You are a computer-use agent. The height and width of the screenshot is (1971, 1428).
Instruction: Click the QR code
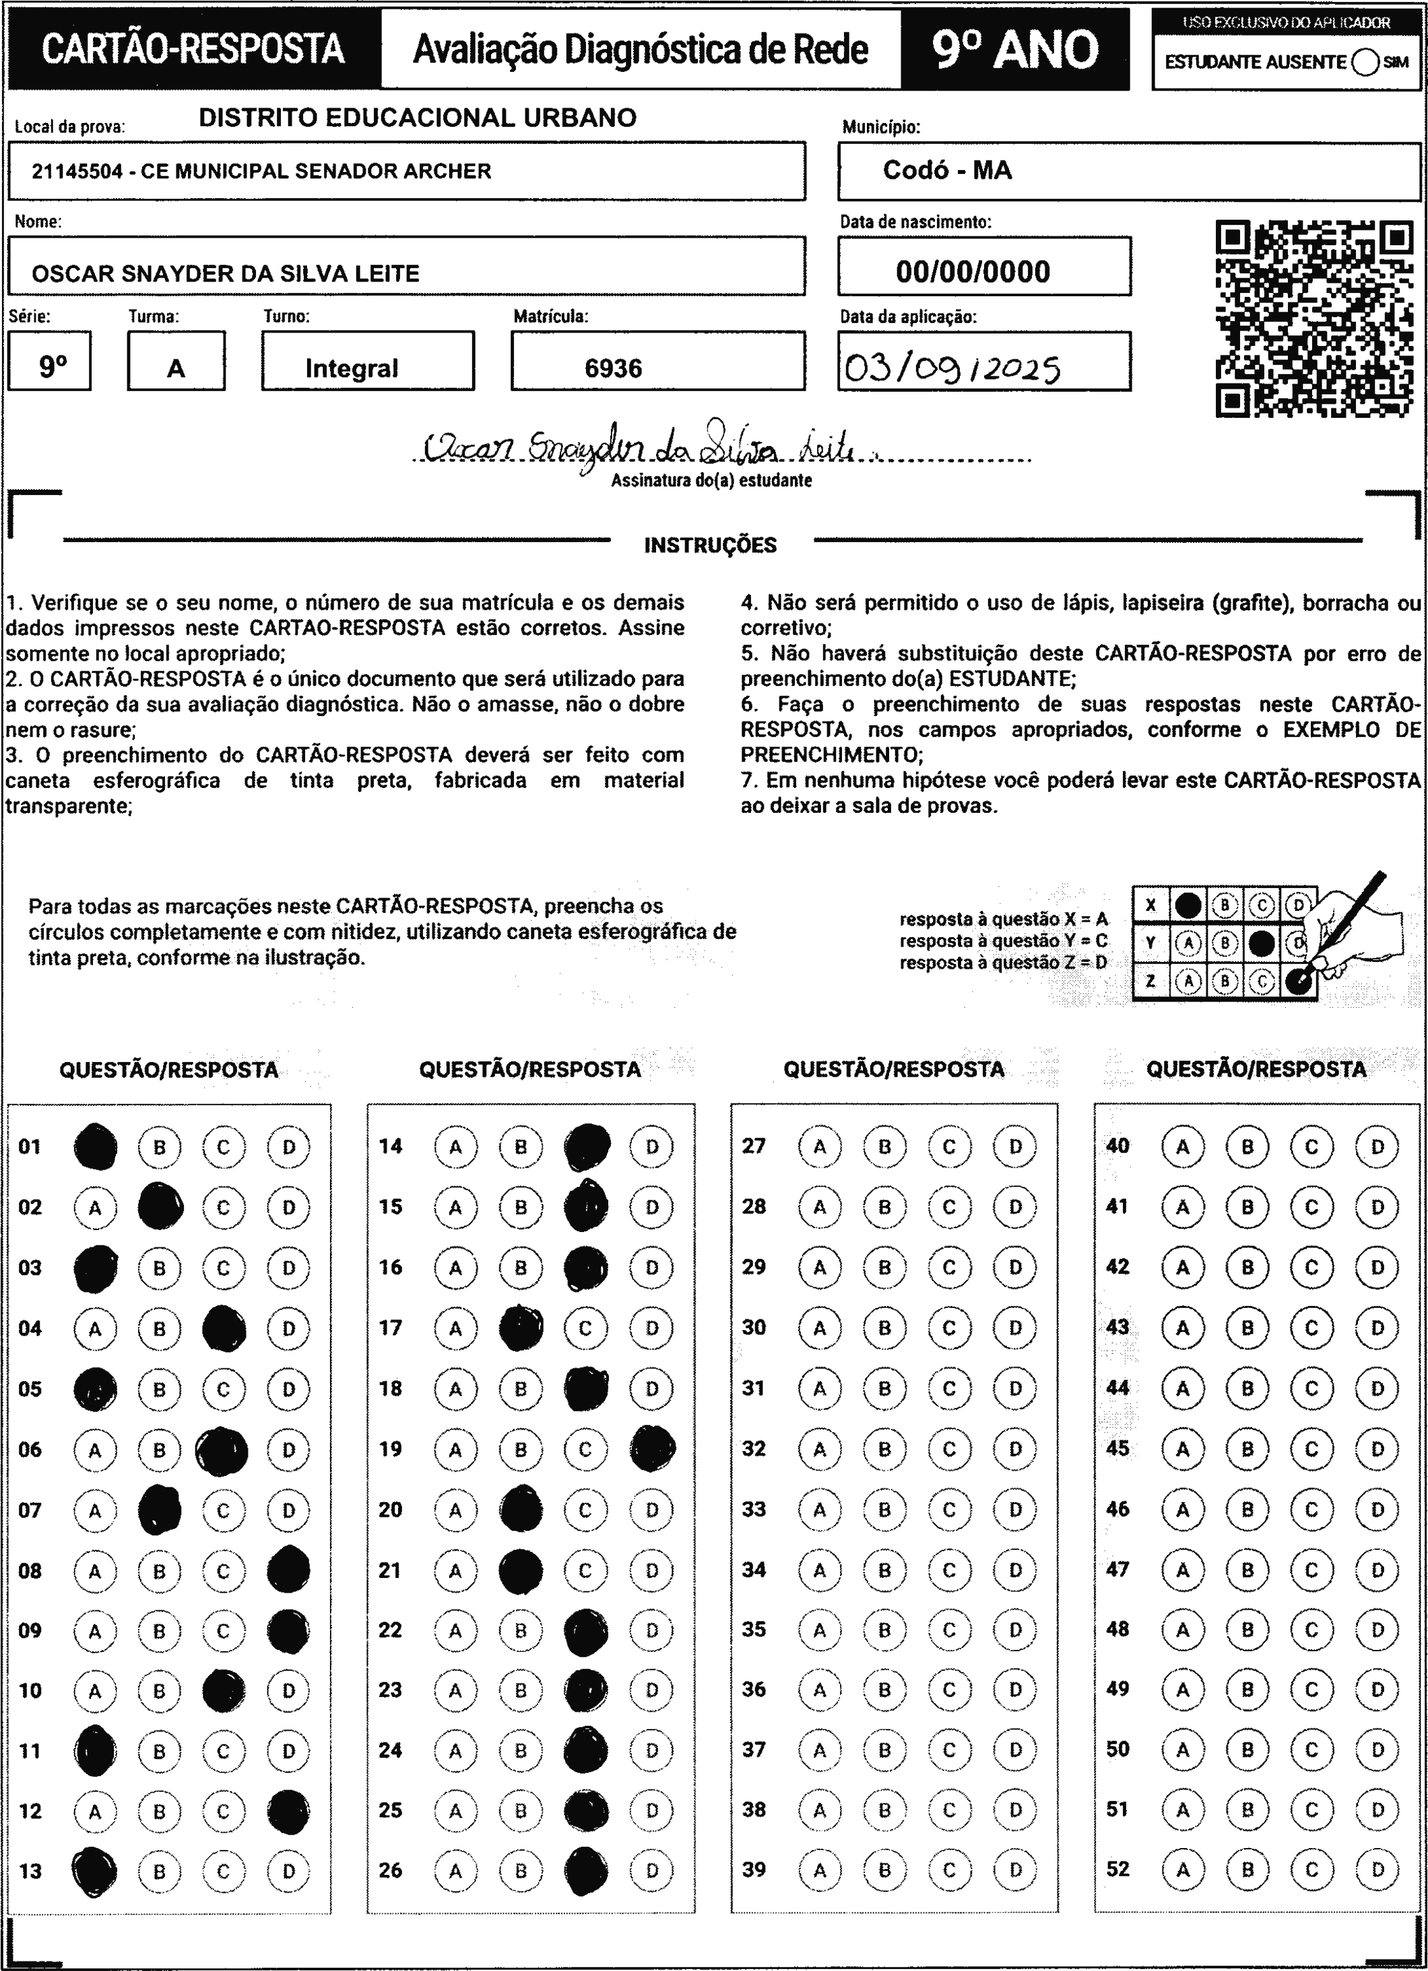(x=1313, y=319)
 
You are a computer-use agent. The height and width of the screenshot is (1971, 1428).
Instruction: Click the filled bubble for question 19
(x=652, y=1449)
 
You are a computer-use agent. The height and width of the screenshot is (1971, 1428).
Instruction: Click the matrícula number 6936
(x=613, y=368)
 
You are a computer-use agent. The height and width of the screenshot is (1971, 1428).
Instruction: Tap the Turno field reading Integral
(x=351, y=368)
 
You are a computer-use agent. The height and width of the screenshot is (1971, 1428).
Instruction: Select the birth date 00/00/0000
(x=973, y=272)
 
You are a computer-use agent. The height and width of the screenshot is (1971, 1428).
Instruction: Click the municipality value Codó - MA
(x=947, y=170)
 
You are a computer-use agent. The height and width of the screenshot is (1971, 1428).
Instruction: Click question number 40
(x=1118, y=1145)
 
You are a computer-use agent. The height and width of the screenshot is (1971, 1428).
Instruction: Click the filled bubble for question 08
(x=289, y=1570)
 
